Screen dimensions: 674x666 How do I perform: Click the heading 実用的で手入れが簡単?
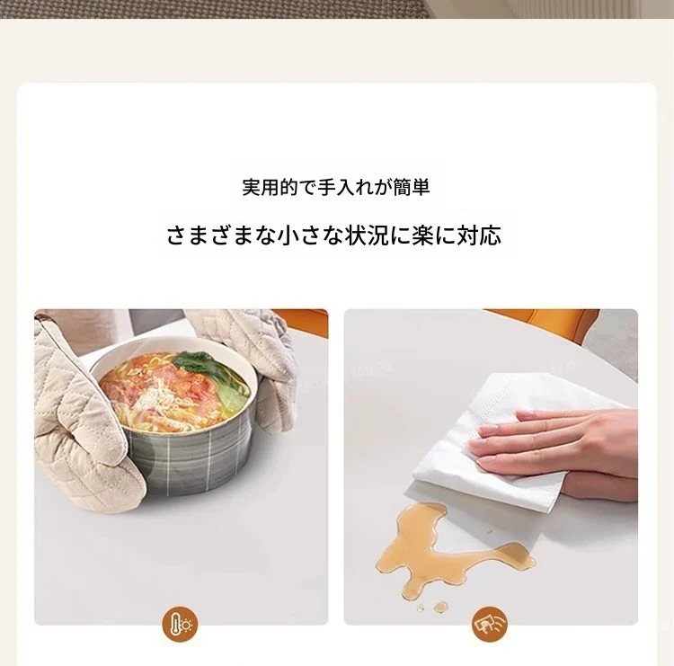click(x=336, y=187)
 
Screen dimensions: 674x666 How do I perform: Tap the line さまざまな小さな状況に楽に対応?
click(x=334, y=235)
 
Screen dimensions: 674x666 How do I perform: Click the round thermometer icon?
click(x=181, y=623)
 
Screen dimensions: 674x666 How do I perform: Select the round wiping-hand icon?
click(x=490, y=623)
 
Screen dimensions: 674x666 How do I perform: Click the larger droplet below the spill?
click(x=440, y=607)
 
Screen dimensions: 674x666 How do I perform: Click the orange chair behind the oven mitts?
click(x=300, y=320)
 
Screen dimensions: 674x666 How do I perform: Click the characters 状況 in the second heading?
click(x=368, y=235)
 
